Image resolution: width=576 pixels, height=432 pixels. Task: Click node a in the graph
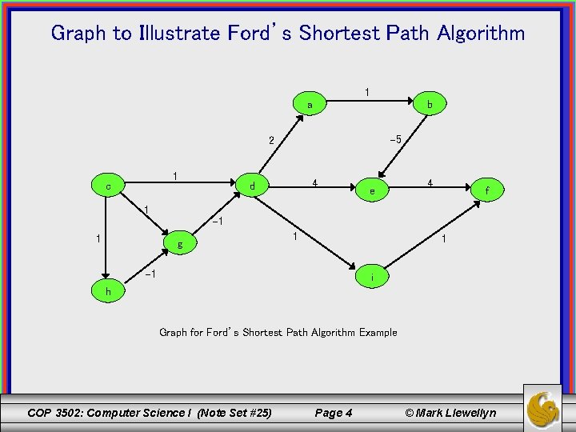[310, 105]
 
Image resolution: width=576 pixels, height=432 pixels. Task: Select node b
[430, 104]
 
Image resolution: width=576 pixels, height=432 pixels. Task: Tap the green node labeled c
[108, 186]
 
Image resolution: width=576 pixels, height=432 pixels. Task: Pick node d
[252, 187]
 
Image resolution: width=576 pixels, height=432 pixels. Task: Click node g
[181, 245]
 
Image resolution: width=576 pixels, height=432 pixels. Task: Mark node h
[108, 292]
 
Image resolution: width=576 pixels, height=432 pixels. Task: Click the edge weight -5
[394, 140]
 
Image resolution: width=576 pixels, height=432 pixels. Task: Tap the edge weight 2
[272, 141]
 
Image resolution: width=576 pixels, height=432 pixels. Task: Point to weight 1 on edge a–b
[366, 92]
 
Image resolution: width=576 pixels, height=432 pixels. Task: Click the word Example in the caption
[378, 332]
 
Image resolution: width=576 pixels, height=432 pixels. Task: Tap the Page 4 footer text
[334, 413]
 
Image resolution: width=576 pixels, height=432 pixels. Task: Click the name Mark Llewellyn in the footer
[456, 413]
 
